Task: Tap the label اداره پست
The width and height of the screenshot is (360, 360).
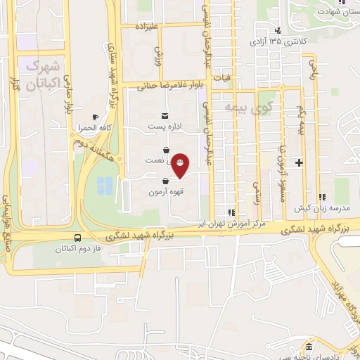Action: coord(165,127)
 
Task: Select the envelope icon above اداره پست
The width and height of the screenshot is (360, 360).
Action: coord(165,115)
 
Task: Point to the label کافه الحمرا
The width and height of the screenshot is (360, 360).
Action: coord(96,129)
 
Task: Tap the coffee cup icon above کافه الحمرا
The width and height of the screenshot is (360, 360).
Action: coord(96,117)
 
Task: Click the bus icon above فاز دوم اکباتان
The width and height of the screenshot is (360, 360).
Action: coord(77,238)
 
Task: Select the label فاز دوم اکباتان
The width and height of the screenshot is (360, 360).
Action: coord(77,249)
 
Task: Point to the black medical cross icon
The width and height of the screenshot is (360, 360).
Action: coord(300,162)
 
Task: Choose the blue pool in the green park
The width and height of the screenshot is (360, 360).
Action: coord(105,186)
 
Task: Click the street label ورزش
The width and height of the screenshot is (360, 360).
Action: coord(159,54)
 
